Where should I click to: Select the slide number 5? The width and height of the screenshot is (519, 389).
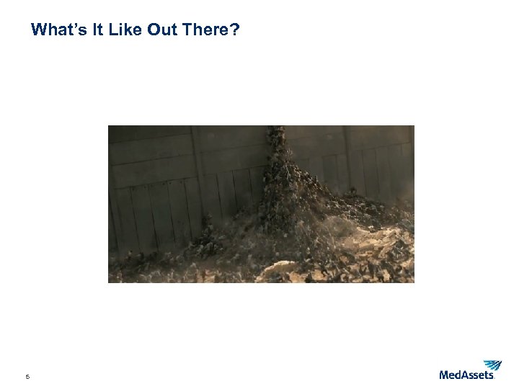click(x=27, y=376)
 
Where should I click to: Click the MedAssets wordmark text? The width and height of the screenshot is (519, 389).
click(x=466, y=375)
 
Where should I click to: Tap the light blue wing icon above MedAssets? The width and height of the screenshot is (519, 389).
click(x=492, y=365)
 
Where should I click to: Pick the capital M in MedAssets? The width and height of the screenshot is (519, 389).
click(x=445, y=375)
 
